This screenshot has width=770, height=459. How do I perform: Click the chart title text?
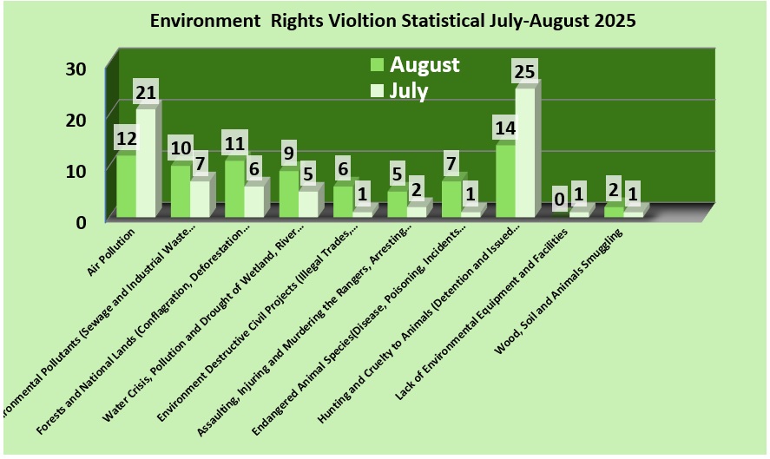tap(392, 22)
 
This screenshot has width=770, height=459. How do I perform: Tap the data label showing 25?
tap(524, 72)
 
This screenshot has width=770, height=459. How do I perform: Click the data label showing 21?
tap(146, 93)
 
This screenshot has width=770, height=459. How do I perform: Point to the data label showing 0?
tap(560, 200)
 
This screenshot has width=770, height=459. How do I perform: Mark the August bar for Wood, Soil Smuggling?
tap(614, 211)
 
